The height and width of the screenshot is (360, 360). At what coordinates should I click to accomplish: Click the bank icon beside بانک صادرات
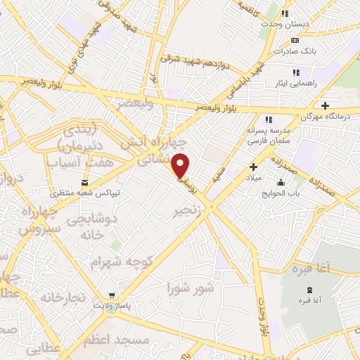tap(294, 40)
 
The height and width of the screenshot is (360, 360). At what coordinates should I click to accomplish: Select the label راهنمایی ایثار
tap(300, 83)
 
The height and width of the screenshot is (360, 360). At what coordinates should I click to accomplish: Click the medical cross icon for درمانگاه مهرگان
tap(325, 105)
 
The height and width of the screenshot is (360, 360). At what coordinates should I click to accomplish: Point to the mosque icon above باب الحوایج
tap(281, 182)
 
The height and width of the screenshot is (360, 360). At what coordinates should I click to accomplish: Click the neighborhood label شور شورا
tap(190, 288)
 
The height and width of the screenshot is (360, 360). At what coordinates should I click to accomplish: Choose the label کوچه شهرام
tap(121, 262)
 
